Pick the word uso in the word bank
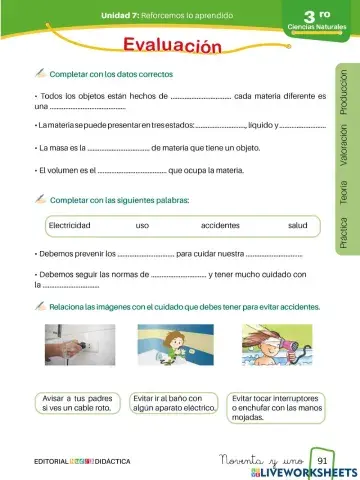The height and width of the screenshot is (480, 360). coord(142,225)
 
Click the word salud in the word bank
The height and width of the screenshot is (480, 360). coord(297,225)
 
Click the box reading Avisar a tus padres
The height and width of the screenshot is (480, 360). coord(78,403)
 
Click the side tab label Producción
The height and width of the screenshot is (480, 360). coord(344,94)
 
